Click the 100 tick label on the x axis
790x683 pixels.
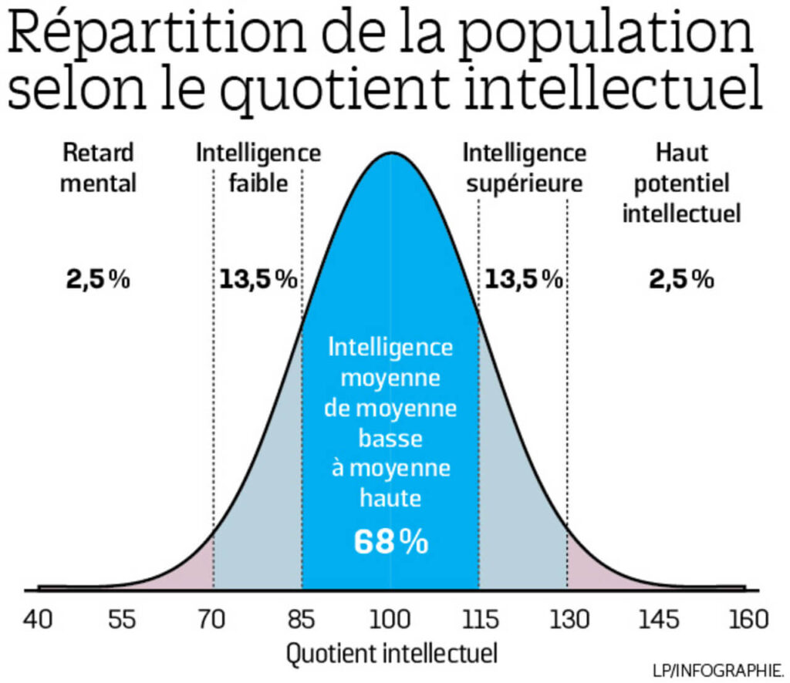tap(390, 619)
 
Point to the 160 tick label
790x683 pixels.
tap(745, 619)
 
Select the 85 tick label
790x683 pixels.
tap(302, 619)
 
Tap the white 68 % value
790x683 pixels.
tap(390, 542)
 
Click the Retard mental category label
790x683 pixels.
tap(98, 167)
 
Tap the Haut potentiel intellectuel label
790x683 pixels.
tap(681, 183)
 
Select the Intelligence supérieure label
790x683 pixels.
tap(524, 167)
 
